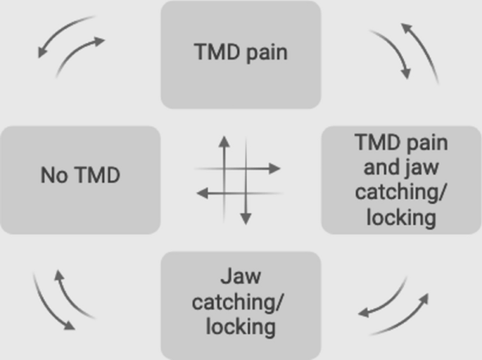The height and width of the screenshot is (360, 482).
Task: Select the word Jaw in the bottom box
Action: (241, 276)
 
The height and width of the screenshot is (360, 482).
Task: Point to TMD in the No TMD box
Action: (96, 175)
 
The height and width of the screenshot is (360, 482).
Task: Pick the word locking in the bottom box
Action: (241, 327)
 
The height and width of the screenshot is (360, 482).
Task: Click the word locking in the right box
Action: (401, 217)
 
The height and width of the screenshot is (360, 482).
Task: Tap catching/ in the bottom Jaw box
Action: (239, 302)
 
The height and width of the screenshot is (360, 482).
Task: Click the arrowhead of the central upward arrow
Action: (224, 141)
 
